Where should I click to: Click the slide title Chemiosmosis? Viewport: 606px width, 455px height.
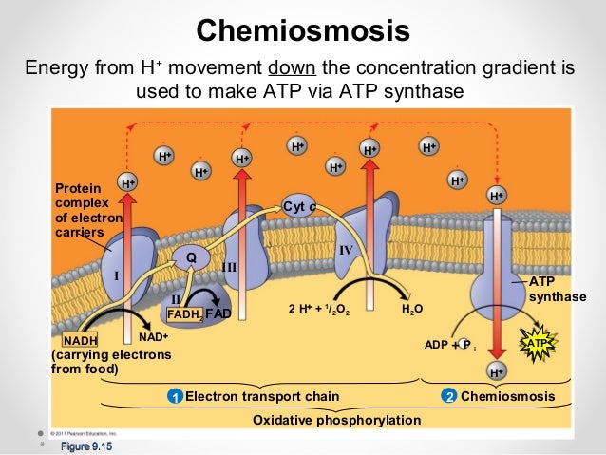tap(303, 30)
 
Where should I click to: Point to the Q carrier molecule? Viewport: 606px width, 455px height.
tap(190, 256)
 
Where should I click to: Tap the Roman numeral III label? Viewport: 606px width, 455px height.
tap(229, 269)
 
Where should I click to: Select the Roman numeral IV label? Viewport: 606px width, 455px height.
tap(347, 250)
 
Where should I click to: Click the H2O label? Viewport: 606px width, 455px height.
tap(412, 310)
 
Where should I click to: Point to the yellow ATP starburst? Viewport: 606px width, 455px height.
tap(537, 341)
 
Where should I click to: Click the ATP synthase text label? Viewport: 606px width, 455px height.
tap(557, 290)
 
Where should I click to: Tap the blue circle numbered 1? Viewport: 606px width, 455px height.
tap(175, 395)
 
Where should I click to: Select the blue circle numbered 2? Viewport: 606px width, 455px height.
tap(448, 395)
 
